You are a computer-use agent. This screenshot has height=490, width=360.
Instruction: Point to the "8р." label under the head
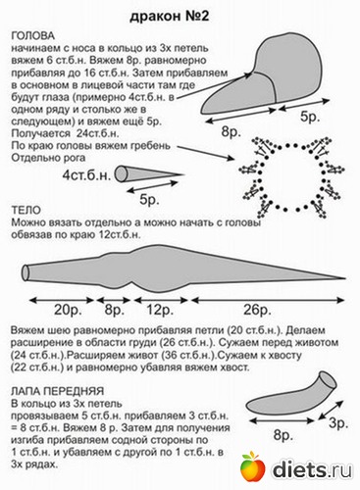point(232,129)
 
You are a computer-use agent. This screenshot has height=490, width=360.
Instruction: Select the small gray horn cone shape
point(136,174)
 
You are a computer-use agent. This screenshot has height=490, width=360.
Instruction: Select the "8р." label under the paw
point(283,433)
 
